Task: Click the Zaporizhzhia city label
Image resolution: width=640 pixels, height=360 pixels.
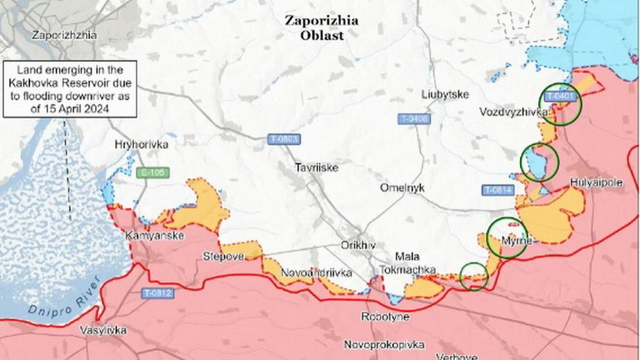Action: point(64,35)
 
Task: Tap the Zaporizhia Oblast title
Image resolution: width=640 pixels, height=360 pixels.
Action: point(322,28)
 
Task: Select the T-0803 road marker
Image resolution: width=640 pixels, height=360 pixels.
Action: point(284,139)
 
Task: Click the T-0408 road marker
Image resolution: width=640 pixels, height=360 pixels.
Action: point(414,119)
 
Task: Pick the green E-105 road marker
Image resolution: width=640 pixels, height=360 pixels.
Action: point(153,173)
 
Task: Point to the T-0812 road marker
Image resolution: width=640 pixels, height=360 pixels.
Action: point(159,293)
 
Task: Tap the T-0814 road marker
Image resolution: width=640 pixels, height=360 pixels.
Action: point(498,189)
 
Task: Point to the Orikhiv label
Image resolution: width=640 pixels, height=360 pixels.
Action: point(358,246)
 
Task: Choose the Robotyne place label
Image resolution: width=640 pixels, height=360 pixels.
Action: point(385,317)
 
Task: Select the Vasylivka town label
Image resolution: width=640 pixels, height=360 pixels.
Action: point(103,330)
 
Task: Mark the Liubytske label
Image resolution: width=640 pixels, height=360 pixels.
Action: point(445,94)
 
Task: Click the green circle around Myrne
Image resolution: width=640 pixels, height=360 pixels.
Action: point(508,237)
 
